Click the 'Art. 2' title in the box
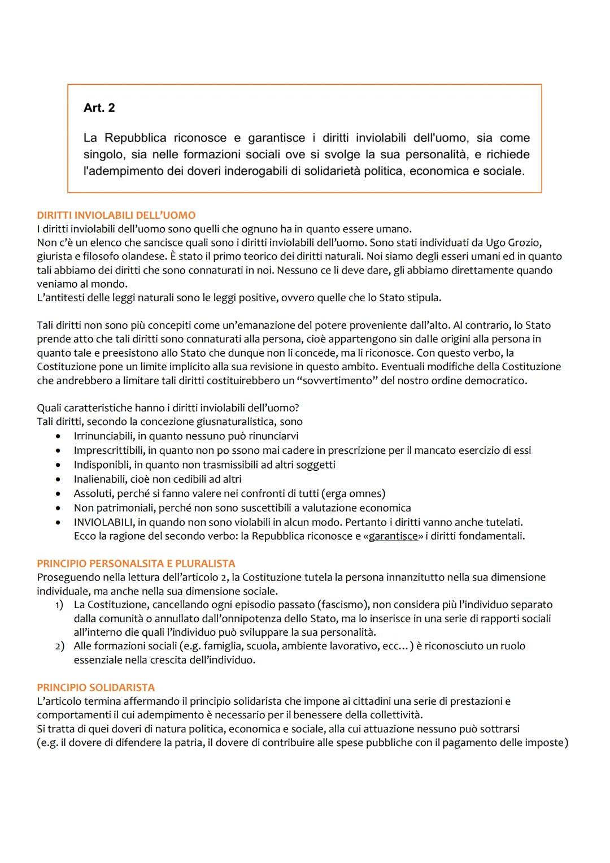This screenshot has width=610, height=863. coord(99,108)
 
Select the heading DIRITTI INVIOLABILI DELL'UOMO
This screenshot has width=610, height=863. coord(116,215)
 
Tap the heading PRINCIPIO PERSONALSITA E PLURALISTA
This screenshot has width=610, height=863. coord(136,563)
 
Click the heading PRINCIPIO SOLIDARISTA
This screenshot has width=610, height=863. coord(95,687)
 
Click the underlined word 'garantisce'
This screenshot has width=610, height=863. coord(393,536)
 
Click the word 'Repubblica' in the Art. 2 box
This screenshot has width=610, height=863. coord(135,138)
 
